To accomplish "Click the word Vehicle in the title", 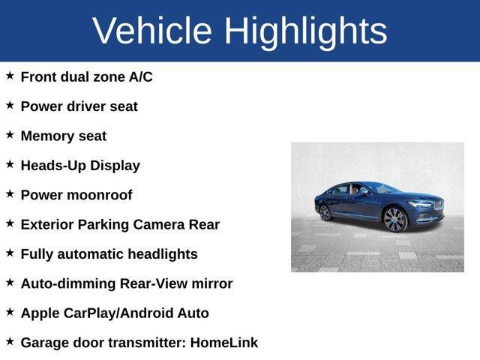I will (x=152, y=31).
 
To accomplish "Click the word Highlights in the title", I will (x=306, y=31).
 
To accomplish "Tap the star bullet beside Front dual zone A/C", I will (x=10, y=76).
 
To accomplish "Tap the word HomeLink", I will (x=224, y=343).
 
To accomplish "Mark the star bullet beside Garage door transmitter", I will (x=10, y=342).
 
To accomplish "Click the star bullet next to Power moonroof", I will (x=10, y=194).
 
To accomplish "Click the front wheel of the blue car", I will (x=394, y=220).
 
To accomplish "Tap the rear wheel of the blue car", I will (x=325, y=212).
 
